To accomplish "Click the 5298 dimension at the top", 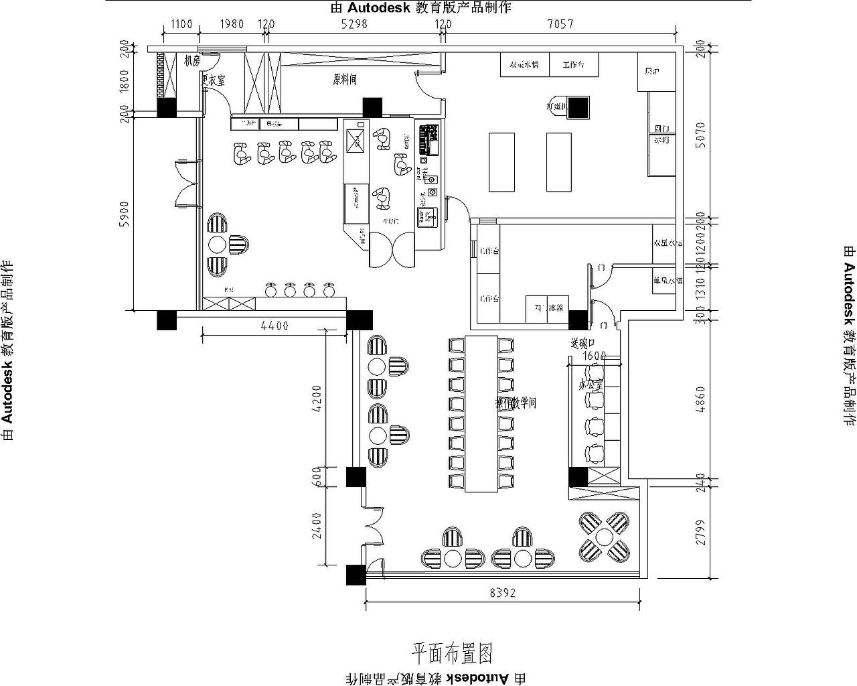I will [354, 24].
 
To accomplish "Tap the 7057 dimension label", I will [560, 24].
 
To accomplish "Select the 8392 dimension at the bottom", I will [503, 593].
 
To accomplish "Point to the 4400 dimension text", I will [275, 326].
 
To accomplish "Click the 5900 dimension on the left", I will [124, 214].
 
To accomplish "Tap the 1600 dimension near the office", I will [595, 356].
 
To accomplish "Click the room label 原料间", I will [345, 79].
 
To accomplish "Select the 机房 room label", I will [192, 61].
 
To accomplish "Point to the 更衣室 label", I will [214, 80].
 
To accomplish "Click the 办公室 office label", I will [591, 385].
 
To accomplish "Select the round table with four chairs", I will [605, 537].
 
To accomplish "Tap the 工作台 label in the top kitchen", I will [574, 65].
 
